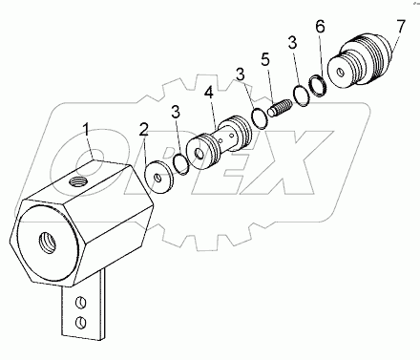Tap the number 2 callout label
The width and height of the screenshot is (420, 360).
pyautogui.click(x=145, y=129)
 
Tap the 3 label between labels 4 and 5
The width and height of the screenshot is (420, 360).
pyautogui.click(x=240, y=73)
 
